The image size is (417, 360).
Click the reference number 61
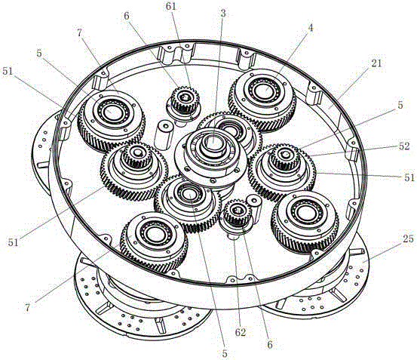tap(171, 7)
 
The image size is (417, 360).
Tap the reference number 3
tap(223, 14)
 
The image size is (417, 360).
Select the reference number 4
tap(311, 28)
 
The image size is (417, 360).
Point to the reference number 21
tap(376, 63)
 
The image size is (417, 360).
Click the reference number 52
tap(404, 146)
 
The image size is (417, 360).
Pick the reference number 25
tap(408, 239)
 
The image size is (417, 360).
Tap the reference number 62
tap(240, 332)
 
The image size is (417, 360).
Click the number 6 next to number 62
tap(270, 345)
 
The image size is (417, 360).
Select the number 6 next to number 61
tap(127, 16)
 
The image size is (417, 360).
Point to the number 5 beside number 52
tap(400, 105)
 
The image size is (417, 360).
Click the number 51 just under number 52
tap(409, 177)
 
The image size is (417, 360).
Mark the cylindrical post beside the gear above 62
tap(255, 208)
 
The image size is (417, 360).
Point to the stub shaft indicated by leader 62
tap(233, 236)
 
